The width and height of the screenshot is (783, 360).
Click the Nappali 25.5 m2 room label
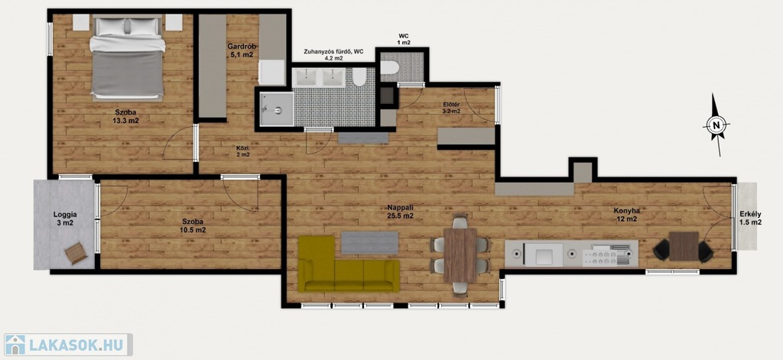[401, 212]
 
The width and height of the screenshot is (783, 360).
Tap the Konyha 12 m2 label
[627, 215]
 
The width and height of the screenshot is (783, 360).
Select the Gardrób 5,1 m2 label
[242, 50]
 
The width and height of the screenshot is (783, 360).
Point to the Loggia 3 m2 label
[64, 219]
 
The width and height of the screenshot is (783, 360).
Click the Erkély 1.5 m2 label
[751, 218]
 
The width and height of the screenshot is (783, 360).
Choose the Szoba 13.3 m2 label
[125, 116]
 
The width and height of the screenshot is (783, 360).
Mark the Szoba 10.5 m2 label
[192, 225]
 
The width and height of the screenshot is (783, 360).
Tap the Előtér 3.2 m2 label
[451, 108]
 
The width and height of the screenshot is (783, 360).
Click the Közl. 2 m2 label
[243, 151]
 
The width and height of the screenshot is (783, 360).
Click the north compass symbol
[716, 125]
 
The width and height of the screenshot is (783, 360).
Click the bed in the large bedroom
[128, 57]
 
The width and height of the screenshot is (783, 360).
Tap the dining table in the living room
[460, 255]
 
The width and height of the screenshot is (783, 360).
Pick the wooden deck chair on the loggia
[76, 253]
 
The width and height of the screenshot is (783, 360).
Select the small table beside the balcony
[684, 246]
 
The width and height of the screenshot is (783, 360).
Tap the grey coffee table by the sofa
[369, 242]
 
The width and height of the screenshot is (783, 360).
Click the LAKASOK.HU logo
[67, 345]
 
